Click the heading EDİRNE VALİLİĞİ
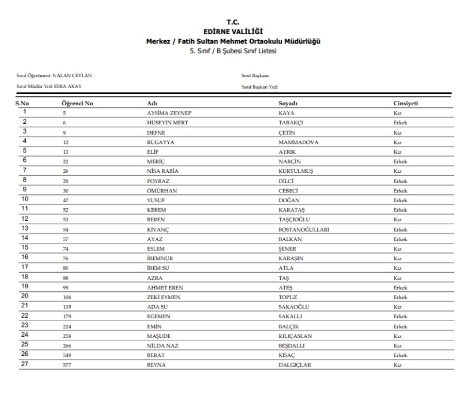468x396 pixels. pyautogui.click(x=233, y=31)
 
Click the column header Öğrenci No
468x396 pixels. pyautogui.click(x=77, y=104)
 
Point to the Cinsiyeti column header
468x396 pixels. pyautogui.click(x=406, y=104)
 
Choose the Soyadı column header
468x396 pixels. pyautogui.click(x=288, y=104)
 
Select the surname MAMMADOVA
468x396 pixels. pyautogui.click(x=298, y=142)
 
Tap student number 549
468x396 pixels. pyautogui.click(x=67, y=355)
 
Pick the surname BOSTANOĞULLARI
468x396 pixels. pyautogui.click(x=304, y=229)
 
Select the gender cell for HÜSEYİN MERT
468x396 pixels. pyautogui.click(x=400, y=123)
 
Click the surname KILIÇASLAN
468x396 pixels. pyautogui.click(x=295, y=336)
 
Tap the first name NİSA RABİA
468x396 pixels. pyautogui.click(x=163, y=171)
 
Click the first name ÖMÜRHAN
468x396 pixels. pyautogui.click(x=162, y=191)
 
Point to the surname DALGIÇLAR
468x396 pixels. pyautogui.click(x=295, y=365)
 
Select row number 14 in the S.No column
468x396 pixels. pyautogui.click(x=25, y=238)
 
